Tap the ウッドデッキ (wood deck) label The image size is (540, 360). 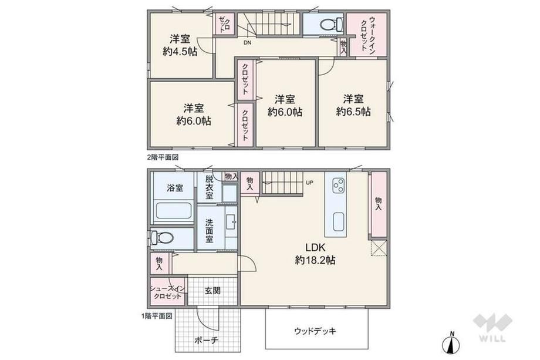[315, 331]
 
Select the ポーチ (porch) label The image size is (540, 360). [206, 341]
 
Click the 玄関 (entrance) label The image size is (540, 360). [212, 291]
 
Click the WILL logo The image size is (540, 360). [492, 327]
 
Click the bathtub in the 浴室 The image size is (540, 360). [174, 211]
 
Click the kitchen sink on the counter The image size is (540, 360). [339, 222]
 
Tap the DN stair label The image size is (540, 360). [247, 43]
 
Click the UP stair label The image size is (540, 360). [309, 183]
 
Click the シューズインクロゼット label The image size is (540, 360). [168, 292]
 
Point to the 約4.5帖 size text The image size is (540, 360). [180, 52]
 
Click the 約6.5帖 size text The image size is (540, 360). [353, 112]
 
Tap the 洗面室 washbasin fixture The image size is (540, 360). [231, 222]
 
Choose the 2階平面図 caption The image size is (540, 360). [163, 157]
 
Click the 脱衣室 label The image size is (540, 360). [210, 187]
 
